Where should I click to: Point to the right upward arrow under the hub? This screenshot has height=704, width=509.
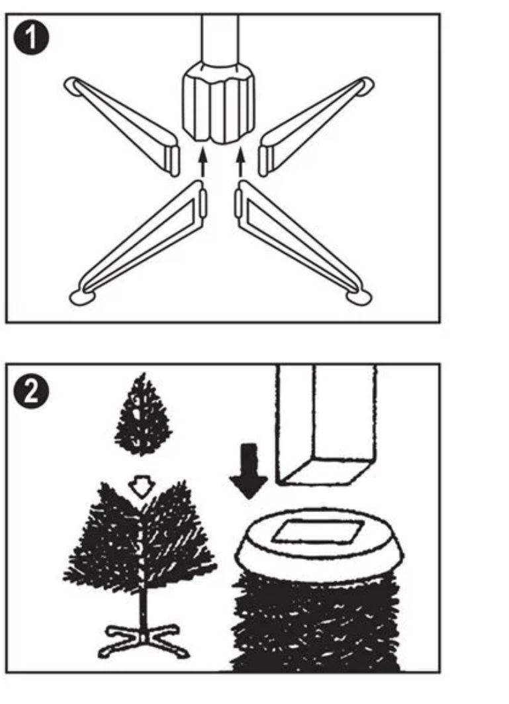click(x=241, y=162)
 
